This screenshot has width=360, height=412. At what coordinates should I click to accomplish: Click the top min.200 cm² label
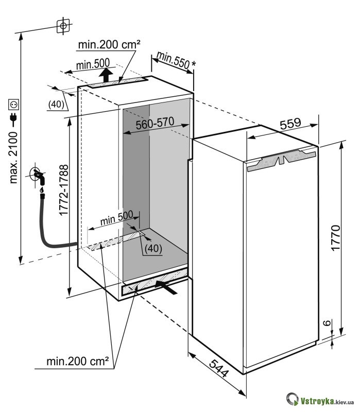coord(109,45)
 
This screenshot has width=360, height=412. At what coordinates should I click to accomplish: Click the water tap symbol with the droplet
coord(39,177)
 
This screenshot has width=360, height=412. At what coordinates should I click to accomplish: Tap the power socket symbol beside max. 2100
coord(13,106)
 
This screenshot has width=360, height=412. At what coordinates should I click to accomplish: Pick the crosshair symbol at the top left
coord(62,25)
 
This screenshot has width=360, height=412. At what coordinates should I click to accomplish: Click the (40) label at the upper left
coord(56,105)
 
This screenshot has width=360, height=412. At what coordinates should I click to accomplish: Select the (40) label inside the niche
coord(153,248)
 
